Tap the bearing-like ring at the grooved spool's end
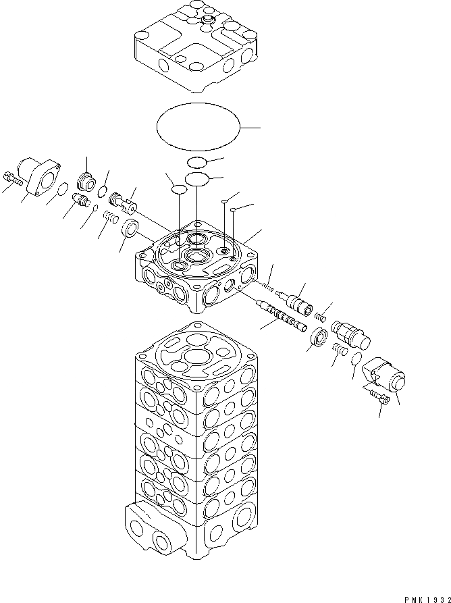(x=318, y=335)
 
